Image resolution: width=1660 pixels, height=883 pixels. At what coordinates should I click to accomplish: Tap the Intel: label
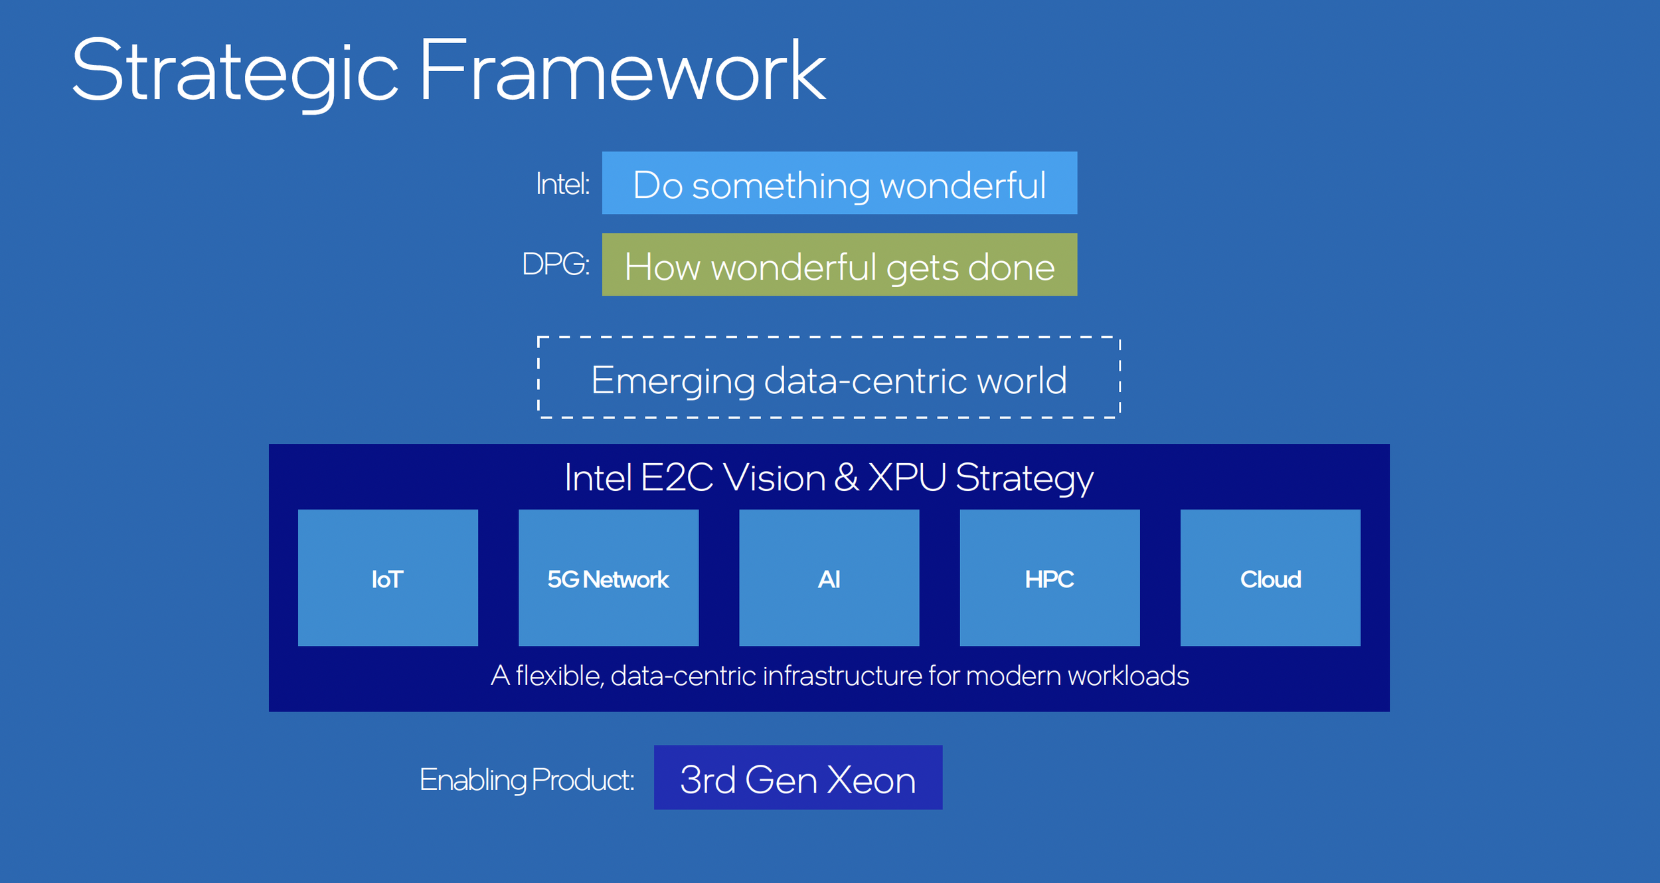562,184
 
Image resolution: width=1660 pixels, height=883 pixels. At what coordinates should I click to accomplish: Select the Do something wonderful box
839,183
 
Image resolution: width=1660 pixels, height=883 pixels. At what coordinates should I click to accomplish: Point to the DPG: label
555,264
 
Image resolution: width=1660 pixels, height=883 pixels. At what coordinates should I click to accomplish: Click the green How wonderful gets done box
839,265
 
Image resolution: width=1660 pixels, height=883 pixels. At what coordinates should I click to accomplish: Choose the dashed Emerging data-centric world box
829,378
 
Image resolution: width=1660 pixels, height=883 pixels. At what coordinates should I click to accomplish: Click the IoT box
388,578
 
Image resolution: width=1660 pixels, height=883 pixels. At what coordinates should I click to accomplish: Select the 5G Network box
608,578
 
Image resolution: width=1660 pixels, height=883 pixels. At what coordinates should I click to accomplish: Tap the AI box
829,578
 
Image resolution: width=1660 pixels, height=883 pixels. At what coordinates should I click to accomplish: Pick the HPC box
1049,578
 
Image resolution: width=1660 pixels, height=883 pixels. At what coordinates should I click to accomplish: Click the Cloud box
1270,578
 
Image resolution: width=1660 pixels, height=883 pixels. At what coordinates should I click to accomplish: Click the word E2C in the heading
677,478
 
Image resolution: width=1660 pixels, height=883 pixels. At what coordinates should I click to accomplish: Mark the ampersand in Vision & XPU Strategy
846,478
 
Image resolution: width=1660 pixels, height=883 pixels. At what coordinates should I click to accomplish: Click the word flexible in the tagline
559,676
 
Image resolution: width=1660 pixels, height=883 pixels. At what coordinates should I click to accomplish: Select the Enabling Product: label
527,780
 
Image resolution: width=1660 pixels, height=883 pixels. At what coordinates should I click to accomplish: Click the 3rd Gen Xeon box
797,778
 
